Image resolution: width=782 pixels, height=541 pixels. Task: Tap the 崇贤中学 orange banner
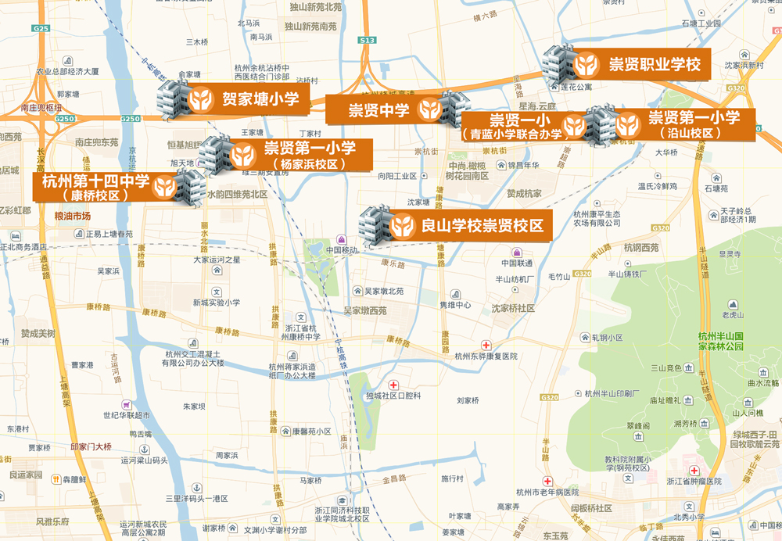click(x=383, y=110)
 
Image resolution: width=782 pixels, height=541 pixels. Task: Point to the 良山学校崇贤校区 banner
click(x=469, y=226)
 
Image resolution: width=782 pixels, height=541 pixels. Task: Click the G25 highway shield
click(x=41, y=28)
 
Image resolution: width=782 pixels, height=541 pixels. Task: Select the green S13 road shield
click(x=368, y=40)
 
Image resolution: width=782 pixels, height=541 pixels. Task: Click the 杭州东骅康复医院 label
click(x=486, y=356)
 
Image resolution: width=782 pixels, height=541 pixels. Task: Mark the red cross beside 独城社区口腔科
click(x=393, y=385)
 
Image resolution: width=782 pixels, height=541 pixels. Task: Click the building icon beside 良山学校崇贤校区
click(x=375, y=224)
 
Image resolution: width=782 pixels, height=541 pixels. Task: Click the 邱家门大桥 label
click(x=91, y=446)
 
